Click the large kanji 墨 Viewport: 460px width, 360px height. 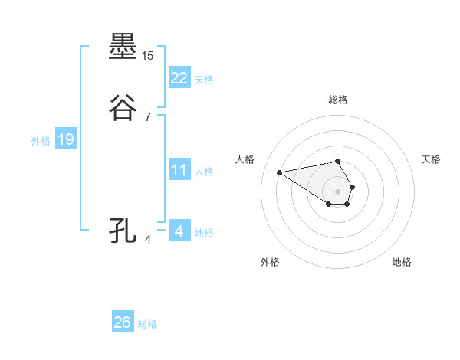[123, 47]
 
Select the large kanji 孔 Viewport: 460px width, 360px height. [123, 231]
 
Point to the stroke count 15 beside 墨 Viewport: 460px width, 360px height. [148, 56]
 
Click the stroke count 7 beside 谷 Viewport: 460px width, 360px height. [148, 117]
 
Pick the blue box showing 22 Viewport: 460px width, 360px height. [179, 78]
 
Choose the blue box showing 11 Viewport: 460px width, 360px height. [179, 170]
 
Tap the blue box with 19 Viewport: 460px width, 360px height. [66, 139]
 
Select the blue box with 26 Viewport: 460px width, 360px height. [123, 322]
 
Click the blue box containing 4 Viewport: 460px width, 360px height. [179, 231]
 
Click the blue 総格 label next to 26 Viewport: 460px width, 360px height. [147, 324]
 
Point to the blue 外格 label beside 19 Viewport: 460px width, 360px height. [41, 141]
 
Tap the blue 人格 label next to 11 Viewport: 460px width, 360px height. [205, 172]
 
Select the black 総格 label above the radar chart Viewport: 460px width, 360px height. [337, 100]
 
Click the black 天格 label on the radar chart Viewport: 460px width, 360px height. [431, 159]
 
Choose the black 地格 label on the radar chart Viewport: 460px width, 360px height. [402, 262]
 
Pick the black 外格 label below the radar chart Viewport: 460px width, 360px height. [270, 262]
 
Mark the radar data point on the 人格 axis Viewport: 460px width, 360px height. [279, 172]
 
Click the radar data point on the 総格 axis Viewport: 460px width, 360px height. [337, 161]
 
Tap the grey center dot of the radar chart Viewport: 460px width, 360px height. [337, 191]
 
